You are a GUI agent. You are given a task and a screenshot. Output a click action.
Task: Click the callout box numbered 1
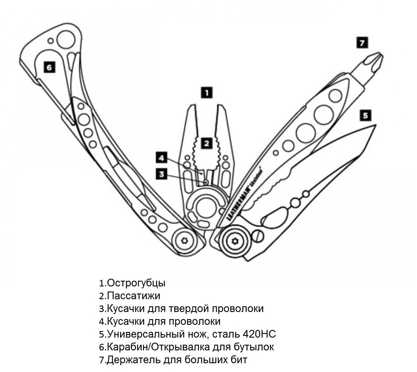coord(207,92)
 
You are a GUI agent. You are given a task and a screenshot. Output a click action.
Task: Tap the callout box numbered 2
coord(207,143)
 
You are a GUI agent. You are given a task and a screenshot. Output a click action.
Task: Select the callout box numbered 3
coord(162,174)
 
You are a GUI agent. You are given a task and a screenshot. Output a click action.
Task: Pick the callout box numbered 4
coord(162,158)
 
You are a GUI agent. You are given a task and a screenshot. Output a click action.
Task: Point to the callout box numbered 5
coord(365,115)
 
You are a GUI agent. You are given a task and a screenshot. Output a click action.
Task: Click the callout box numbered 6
coord(49,68)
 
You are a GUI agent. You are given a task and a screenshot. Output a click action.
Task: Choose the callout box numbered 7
coord(362,43)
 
